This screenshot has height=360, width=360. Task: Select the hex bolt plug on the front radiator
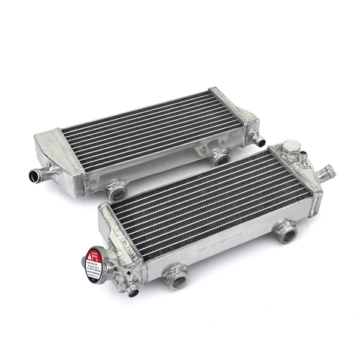289,147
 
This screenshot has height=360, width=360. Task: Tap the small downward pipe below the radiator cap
133,292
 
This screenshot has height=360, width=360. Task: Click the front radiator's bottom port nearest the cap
177,278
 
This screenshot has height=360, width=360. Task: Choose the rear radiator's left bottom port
115,191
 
